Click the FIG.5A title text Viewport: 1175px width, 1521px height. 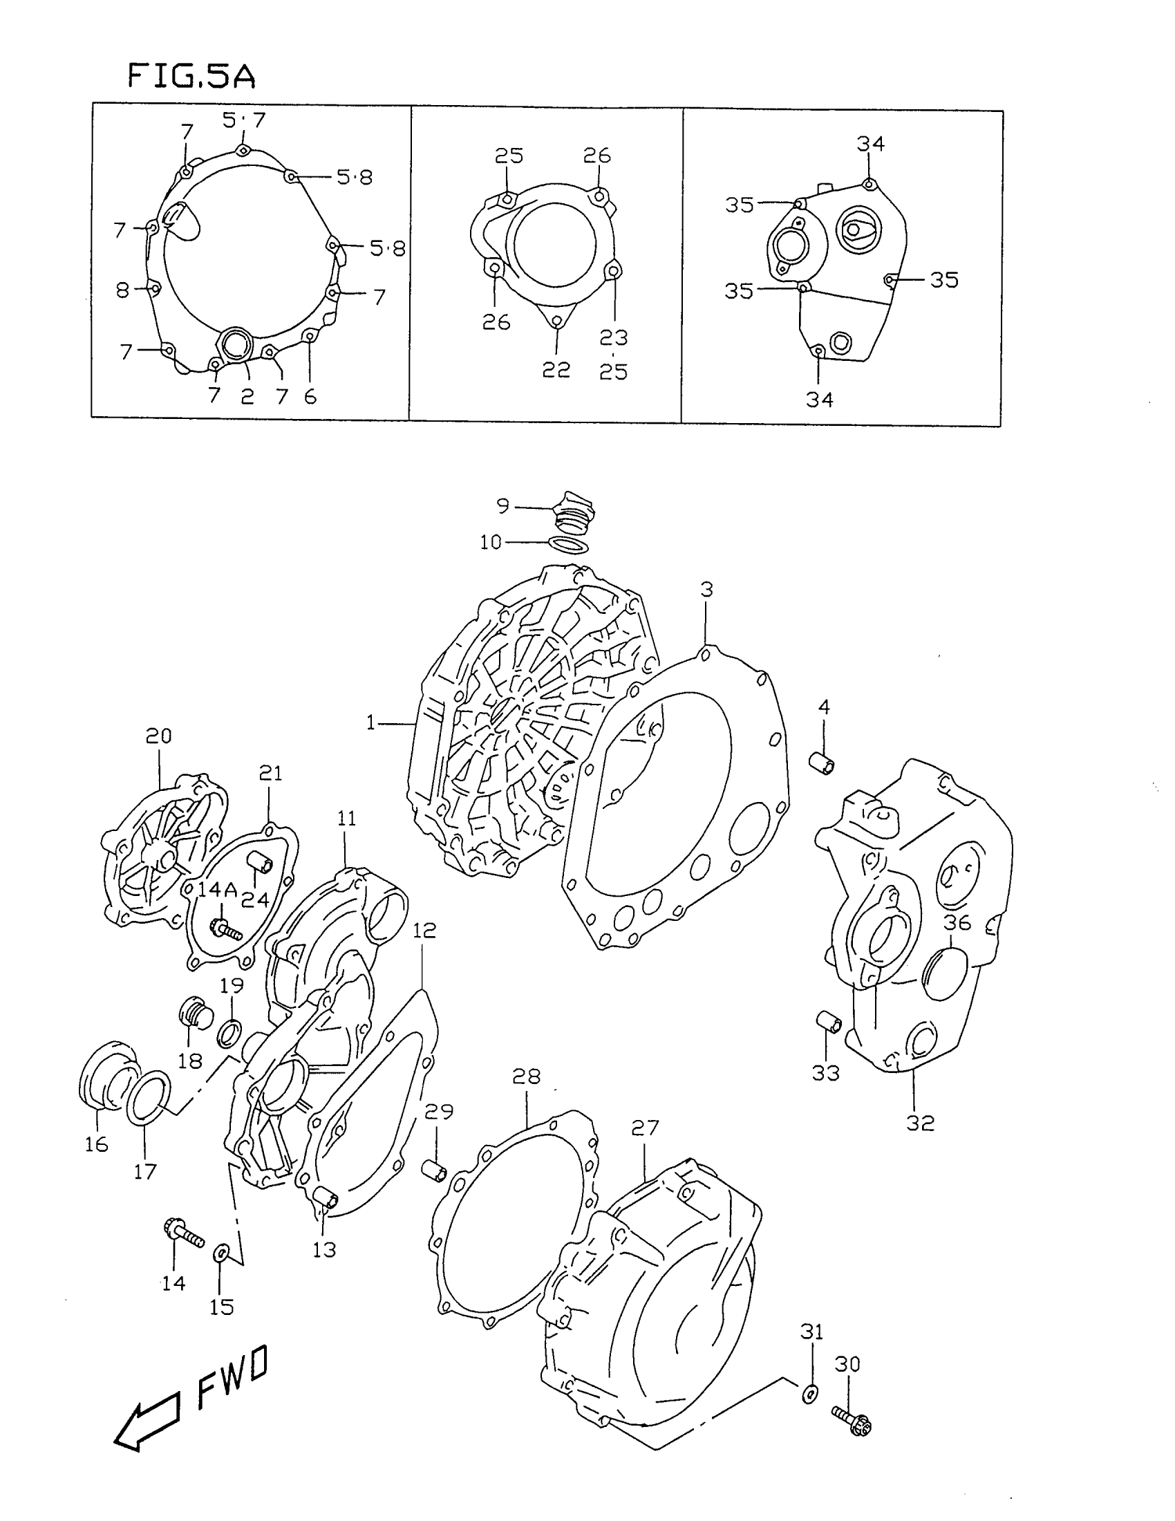click(x=191, y=76)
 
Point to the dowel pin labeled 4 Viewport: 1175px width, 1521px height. click(x=822, y=761)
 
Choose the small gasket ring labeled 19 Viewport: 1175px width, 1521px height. click(x=229, y=1034)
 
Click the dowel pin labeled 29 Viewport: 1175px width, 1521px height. click(x=435, y=1168)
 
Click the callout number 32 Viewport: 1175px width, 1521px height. click(x=920, y=1123)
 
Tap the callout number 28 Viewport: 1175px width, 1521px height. click(x=526, y=1076)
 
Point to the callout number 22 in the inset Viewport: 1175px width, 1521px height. click(x=556, y=369)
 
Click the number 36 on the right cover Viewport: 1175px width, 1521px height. click(x=957, y=923)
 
